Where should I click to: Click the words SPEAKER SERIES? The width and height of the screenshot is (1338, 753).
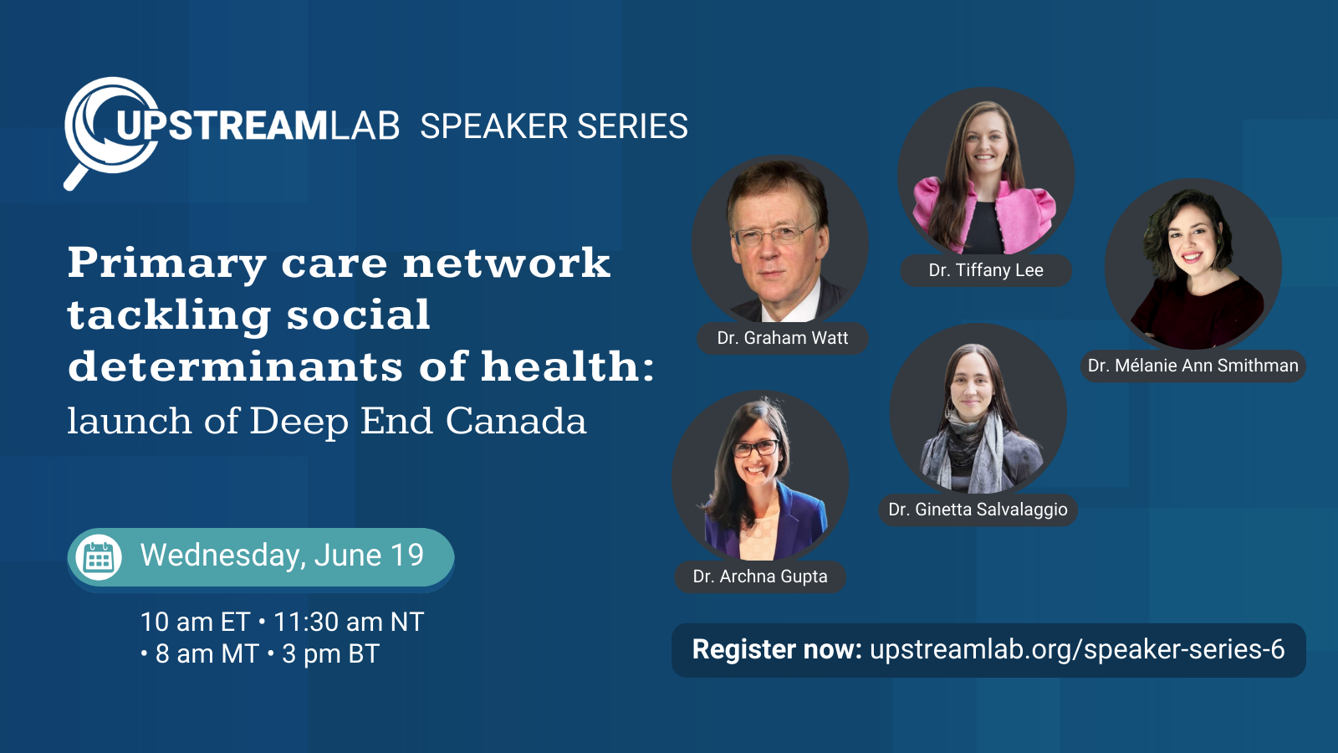click(x=554, y=127)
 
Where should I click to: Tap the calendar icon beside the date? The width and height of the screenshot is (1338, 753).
click(x=99, y=557)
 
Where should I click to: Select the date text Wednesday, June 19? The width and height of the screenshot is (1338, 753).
click(x=282, y=556)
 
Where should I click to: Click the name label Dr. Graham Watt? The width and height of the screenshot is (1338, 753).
click(x=782, y=338)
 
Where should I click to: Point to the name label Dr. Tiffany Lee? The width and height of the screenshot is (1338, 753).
click(x=985, y=270)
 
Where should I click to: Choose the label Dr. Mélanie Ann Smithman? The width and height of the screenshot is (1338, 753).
click(x=1192, y=366)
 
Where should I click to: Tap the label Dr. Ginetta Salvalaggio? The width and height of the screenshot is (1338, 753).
click(x=978, y=510)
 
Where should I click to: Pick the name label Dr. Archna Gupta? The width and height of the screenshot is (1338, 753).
click(x=760, y=576)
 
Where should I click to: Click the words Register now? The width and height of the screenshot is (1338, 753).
click(x=776, y=650)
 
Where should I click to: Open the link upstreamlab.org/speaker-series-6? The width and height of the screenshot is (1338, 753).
click(x=1077, y=650)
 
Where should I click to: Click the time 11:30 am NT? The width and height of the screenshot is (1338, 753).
click(x=349, y=622)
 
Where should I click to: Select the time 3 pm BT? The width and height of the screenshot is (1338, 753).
click(x=331, y=654)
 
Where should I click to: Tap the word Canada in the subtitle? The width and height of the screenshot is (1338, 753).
click(x=516, y=421)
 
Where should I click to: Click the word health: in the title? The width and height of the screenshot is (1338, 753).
click(x=568, y=366)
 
